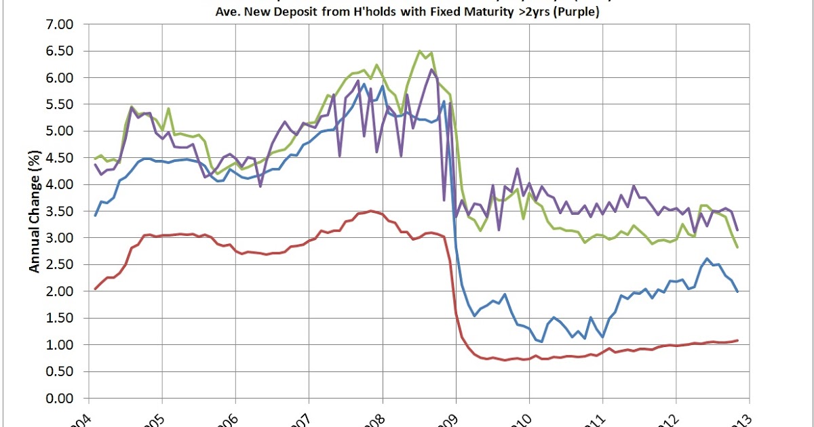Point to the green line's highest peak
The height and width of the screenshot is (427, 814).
(x=420, y=51)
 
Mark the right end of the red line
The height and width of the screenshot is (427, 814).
(x=737, y=340)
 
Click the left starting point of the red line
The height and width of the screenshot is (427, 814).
(x=96, y=289)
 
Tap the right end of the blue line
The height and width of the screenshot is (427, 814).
(x=737, y=291)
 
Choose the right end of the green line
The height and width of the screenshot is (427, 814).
(x=737, y=247)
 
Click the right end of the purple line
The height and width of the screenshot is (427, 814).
(x=737, y=230)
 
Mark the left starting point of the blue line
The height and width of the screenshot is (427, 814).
(x=96, y=215)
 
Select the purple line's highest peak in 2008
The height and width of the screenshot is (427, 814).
(x=431, y=69)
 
